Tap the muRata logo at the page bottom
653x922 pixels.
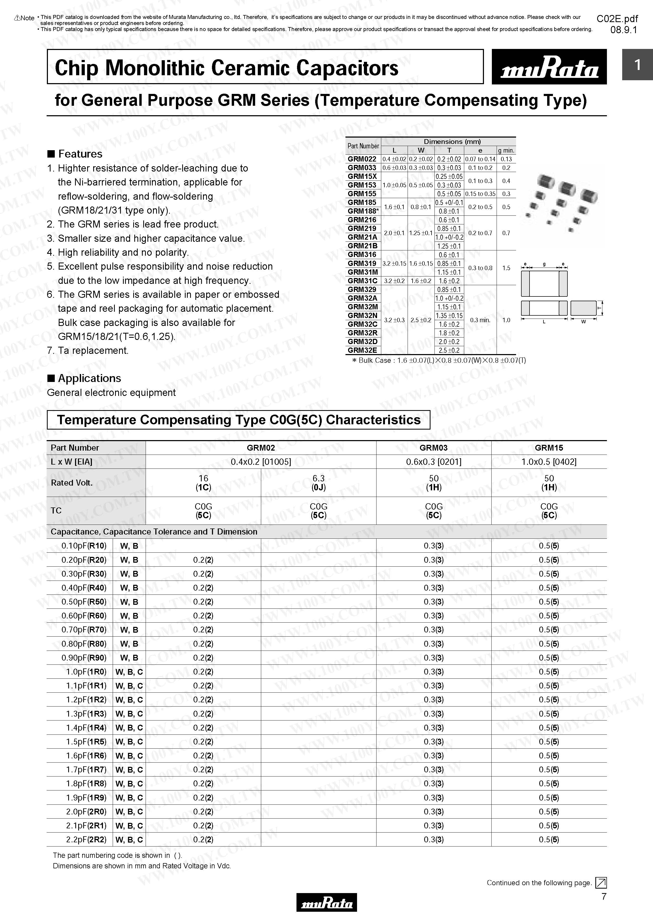[x=326, y=902]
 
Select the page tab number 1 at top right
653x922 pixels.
[x=637, y=65]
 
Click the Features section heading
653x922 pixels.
[x=80, y=154]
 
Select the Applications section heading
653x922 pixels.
[x=89, y=379]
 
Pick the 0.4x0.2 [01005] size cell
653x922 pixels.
[x=261, y=462]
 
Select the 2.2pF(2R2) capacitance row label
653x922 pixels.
[x=86, y=840]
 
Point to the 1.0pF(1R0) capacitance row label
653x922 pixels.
[x=86, y=672]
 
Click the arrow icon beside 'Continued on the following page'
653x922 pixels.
[x=601, y=883]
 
